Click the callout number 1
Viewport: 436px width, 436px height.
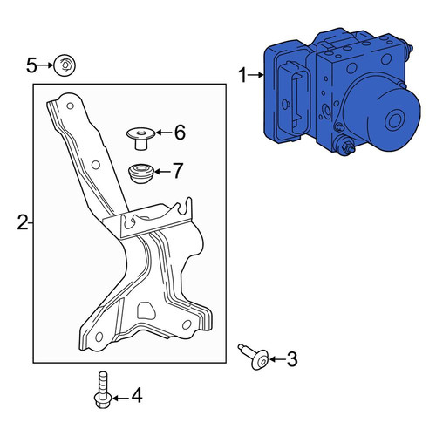point(242,75)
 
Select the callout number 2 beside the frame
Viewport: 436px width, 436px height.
point(23,222)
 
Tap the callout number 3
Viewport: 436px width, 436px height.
point(292,359)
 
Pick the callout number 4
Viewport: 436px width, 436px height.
point(137,395)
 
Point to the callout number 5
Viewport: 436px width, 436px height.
point(31,65)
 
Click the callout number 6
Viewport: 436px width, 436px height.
point(180,133)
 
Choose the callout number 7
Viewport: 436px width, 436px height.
point(178,170)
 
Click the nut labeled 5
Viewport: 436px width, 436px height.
point(65,65)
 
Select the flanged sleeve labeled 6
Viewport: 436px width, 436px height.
point(141,139)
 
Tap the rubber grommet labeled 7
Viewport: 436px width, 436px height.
point(141,174)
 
